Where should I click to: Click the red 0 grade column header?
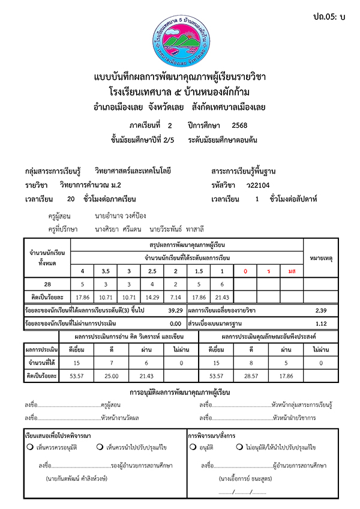click(245, 271)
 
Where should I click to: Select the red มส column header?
click(292, 271)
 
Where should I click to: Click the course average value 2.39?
click(322, 310)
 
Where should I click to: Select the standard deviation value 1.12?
click(322, 323)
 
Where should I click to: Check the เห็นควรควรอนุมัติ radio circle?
click(29, 447)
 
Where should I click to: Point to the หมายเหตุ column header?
click(322, 258)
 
